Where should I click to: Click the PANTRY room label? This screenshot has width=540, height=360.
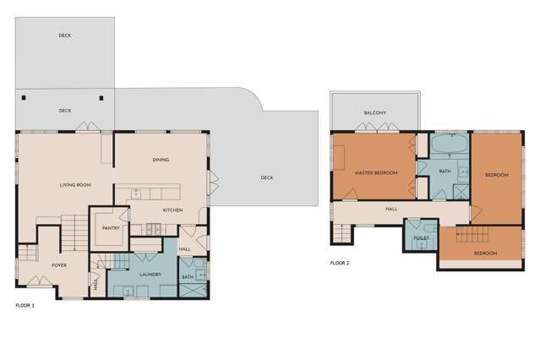click(x=109, y=227)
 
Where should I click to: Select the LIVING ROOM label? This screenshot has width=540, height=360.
click(x=75, y=185)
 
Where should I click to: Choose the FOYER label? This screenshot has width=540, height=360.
click(x=59, y=265)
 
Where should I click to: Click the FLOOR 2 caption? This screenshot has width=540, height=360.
click(x=340, y=263)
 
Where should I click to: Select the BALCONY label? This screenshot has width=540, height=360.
click(x=375, y=112)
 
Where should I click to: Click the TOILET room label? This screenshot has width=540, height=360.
click(x=420, y=238)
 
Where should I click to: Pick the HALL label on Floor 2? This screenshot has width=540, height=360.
click(x=391, y=210)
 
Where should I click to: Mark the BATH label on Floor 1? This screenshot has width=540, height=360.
click(x=188, y=276)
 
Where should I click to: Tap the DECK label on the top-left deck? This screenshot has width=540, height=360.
click(x=64, y=35)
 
